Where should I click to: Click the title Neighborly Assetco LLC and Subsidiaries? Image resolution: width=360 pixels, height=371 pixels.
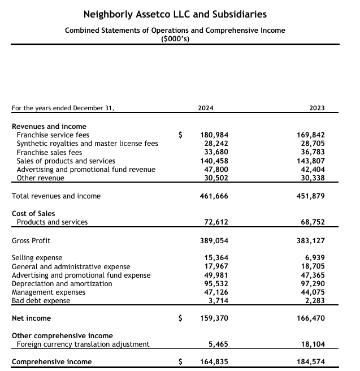(175, 14)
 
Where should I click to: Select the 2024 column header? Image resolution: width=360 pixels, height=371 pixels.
(206, 108)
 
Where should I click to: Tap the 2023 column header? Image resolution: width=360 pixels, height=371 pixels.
(317, 108)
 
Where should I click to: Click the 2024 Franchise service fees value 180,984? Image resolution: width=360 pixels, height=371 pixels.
(214, 135)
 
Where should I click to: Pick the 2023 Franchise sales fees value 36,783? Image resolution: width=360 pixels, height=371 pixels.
(311, 152)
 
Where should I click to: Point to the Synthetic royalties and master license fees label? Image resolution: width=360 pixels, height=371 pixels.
(88, 144)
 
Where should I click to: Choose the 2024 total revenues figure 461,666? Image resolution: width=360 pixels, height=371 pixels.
(214, 196)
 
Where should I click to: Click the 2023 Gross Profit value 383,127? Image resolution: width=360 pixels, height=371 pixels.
(310, 240)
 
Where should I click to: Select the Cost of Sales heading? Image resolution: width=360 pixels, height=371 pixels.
(33, 213)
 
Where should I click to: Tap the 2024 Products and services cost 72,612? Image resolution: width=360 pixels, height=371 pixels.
(216, 222)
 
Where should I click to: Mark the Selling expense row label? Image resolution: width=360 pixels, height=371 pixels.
(37, 258)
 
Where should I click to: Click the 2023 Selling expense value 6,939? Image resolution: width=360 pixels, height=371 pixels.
(314, 258)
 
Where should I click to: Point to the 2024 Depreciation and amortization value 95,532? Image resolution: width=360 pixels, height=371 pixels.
(216, 283)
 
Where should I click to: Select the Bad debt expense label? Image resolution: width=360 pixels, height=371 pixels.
(41, 301)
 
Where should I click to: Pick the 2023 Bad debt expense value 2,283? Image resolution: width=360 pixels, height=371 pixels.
(314, 301)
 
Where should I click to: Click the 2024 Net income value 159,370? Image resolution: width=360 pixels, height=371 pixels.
(214, 318)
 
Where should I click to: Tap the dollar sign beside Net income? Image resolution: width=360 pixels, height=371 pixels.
(181, 318)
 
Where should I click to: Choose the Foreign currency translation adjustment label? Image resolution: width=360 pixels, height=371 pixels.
(83, 344)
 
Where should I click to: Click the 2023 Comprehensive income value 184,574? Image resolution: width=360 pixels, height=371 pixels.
(310, 362)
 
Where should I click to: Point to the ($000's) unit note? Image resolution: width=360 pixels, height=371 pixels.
(175, 38)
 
